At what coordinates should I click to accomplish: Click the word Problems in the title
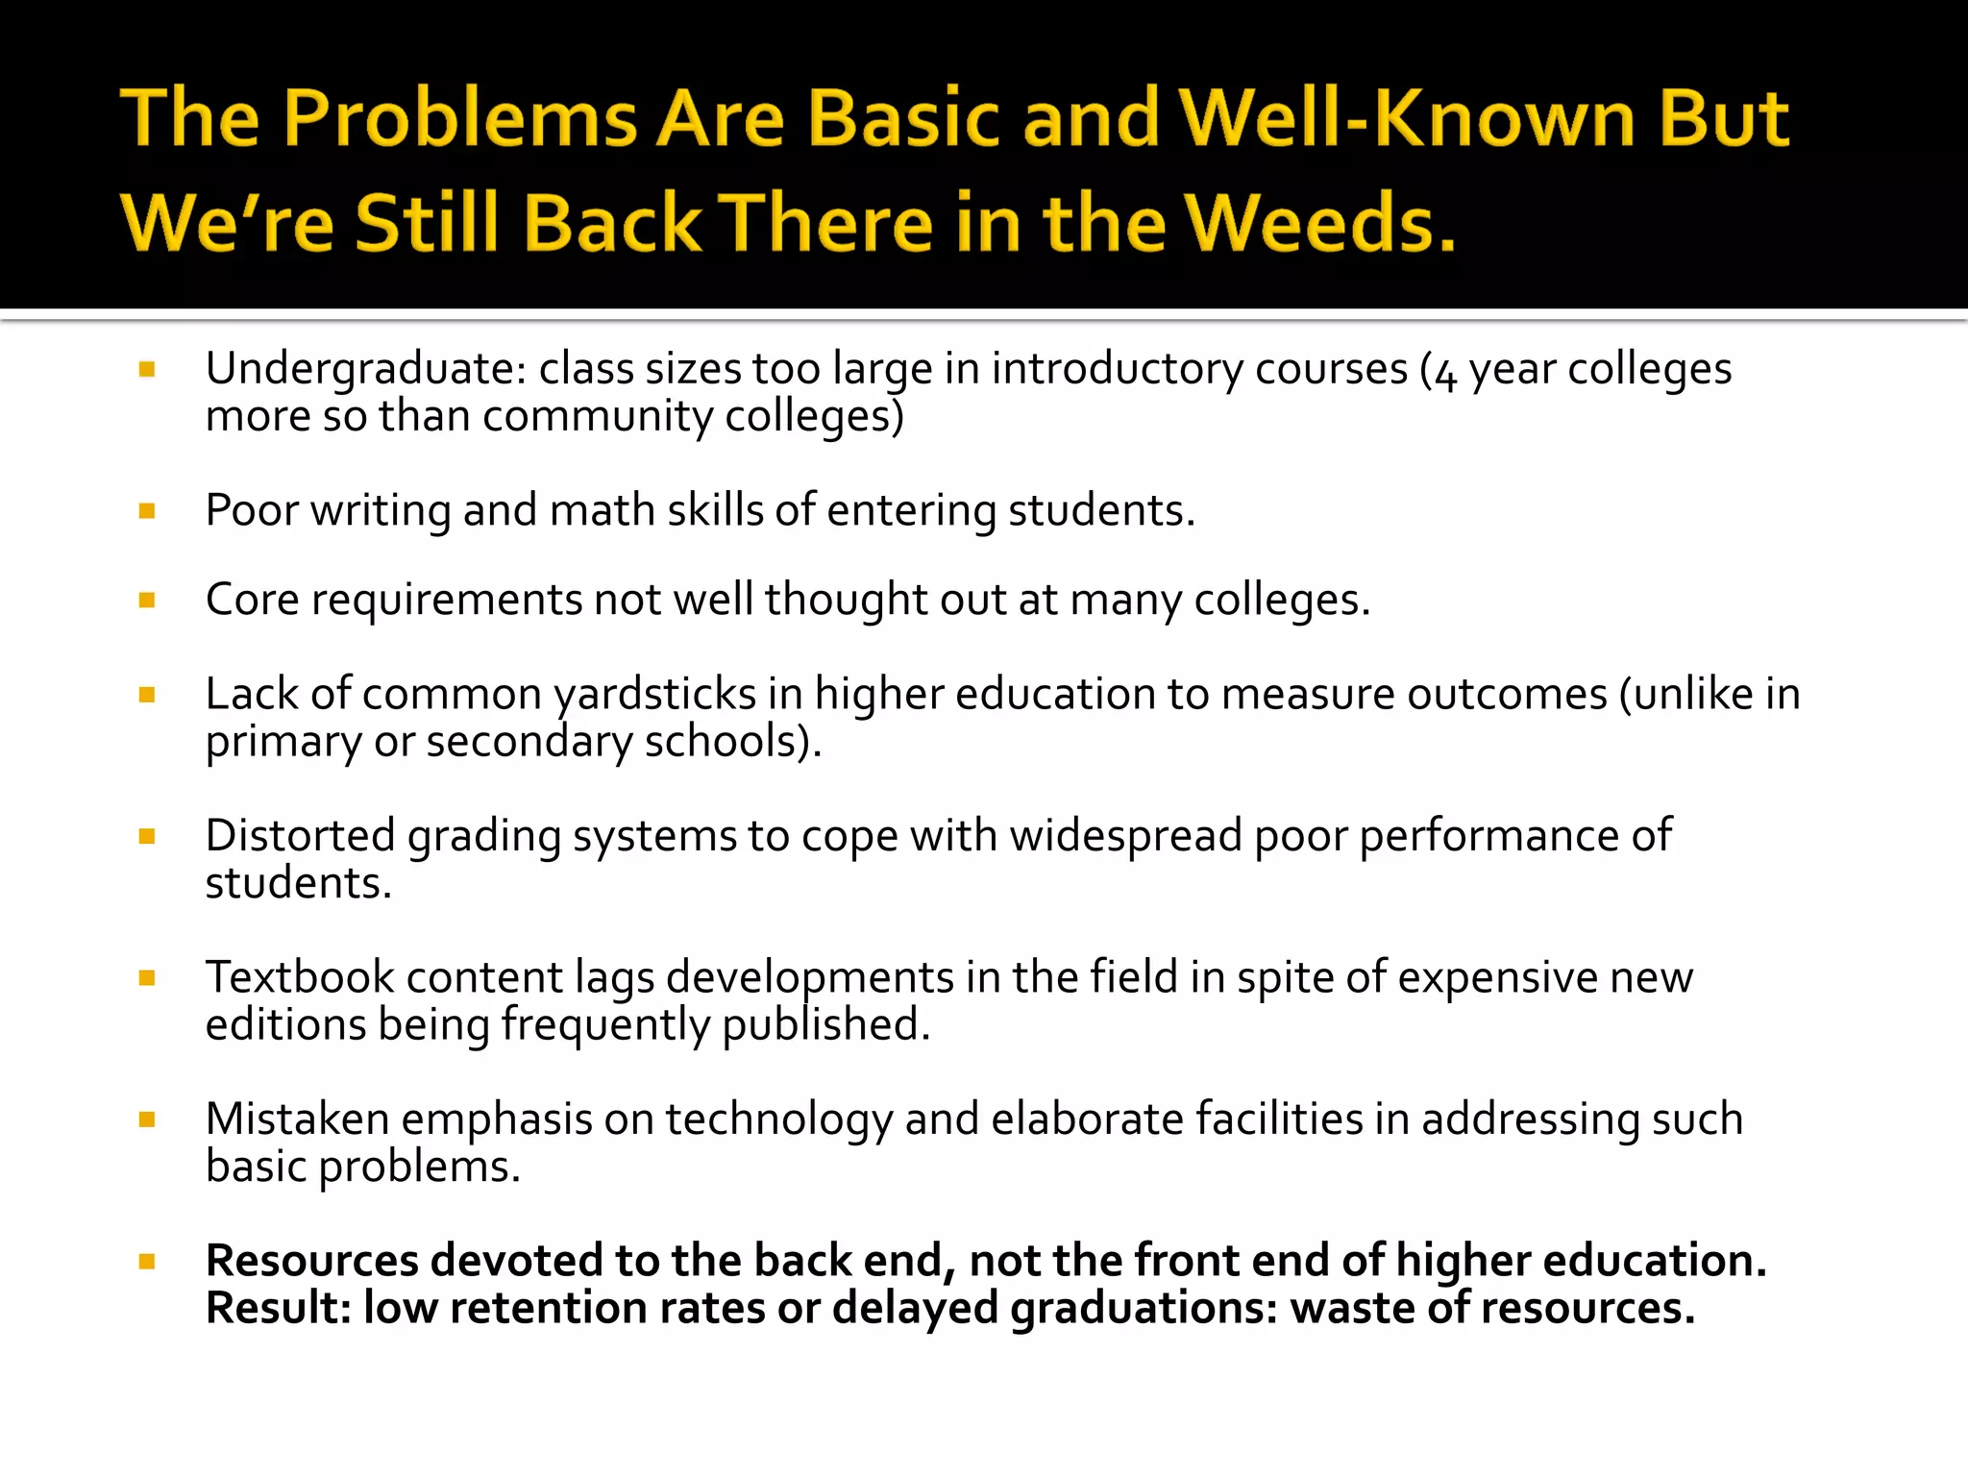(460, 120)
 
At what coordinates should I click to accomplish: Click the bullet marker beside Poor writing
(147, 510)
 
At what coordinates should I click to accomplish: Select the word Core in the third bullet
(252, 601)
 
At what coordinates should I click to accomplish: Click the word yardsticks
(655, 695)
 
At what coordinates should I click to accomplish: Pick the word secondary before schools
(529, 742)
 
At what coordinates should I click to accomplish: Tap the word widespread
(1125, 836)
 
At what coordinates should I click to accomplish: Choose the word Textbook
(300, 978)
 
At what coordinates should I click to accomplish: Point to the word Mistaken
(298, 1119)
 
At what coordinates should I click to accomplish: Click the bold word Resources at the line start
(311, 1261)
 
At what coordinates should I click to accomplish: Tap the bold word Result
(279, 1309)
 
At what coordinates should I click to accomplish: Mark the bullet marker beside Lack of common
(147, 695)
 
